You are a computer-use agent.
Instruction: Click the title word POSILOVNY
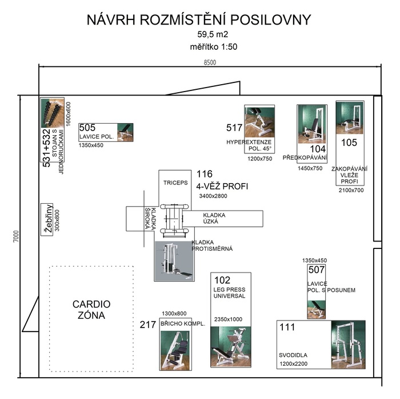[271, 20]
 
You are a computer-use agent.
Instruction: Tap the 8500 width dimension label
[210, 62]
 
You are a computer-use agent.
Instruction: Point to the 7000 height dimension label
[16, 236]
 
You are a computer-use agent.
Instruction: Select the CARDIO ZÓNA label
[91, 310]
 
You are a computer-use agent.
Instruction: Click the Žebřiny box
[47, 219]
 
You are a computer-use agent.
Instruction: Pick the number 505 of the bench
[87, 128]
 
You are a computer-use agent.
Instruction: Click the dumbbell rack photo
[53, 113]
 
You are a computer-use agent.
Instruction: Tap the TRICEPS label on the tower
[175, 183]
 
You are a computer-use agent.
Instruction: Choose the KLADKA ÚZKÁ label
[214, 218]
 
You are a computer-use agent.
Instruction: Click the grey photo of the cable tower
[174, 261]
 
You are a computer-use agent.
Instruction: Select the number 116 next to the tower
[205, 174]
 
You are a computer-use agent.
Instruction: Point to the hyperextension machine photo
[259, 122]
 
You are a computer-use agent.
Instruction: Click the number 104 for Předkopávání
[318, 149]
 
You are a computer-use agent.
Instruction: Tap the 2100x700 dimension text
[351, 190]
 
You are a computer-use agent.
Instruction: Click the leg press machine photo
[231, 347]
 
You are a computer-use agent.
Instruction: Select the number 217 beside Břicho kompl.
[147, 325]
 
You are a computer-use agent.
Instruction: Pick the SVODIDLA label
[293, 355]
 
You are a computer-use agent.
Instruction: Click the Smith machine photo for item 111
[348, 344]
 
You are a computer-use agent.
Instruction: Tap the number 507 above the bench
[317, 270]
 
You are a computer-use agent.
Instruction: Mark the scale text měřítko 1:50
[214, 47]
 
